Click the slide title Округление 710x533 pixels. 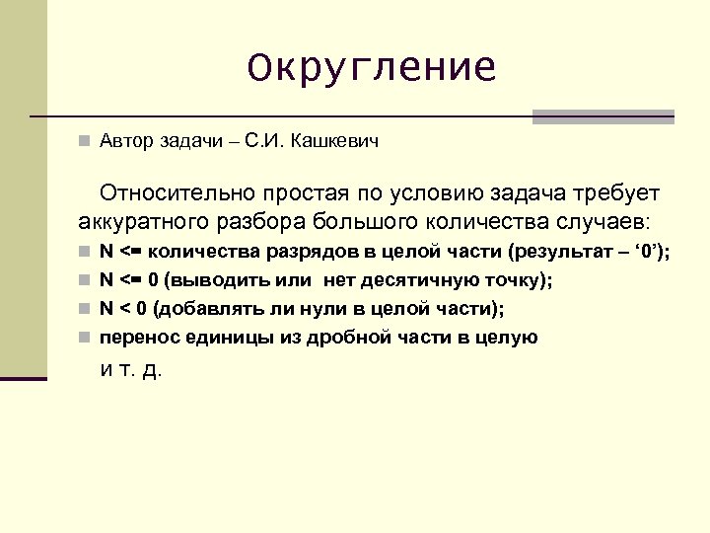(x=372, y=68)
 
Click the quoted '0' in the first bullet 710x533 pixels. (x=646, y=253)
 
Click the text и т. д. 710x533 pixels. (x=131, y=370)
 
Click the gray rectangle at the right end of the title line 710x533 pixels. (x=603, y=116)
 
